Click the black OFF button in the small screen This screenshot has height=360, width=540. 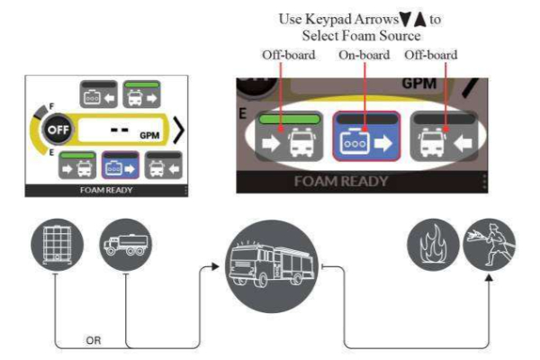[x=58, y=130]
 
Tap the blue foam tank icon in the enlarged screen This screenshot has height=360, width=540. [x=366, y=136]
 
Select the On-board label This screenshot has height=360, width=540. [x=364, y=55]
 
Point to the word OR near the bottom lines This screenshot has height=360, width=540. [x=94, y=340]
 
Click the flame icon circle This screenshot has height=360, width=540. [x=433, y=244]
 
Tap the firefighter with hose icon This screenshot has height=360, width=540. [x=490, y=244]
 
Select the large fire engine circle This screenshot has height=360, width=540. [x=272, y=266]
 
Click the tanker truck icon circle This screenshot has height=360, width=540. [x=126, y=245]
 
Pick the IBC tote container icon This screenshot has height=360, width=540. [x=58, y=245]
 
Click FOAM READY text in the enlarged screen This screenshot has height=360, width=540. [x=341, y=182]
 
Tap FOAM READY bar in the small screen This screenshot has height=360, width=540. [x=106, y=190]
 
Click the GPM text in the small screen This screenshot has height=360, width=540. [x=149, y=135]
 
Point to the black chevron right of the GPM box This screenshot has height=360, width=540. [x=179, y=130]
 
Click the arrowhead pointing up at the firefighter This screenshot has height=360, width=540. [x=489, y=277]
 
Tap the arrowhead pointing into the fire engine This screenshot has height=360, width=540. [x=214, y=266]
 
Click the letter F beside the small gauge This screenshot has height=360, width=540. [x=51, y=106]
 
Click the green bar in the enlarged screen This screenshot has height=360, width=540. [x=289, y=119]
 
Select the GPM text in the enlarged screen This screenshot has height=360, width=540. [x=419, y=84]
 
